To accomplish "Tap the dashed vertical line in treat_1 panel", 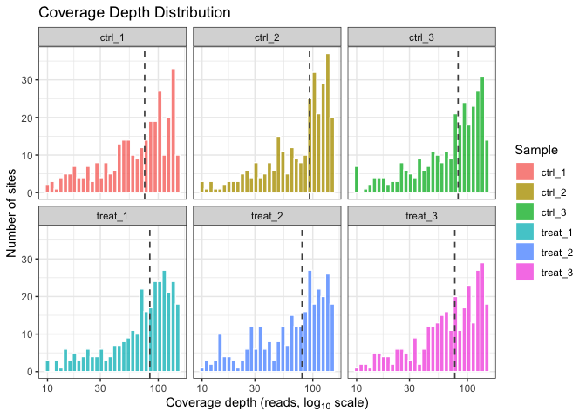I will coord(149,296).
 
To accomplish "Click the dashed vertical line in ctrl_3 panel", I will coord(458,122).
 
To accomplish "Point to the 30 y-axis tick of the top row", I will coord(31,80).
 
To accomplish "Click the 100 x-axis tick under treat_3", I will coord(467,388).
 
